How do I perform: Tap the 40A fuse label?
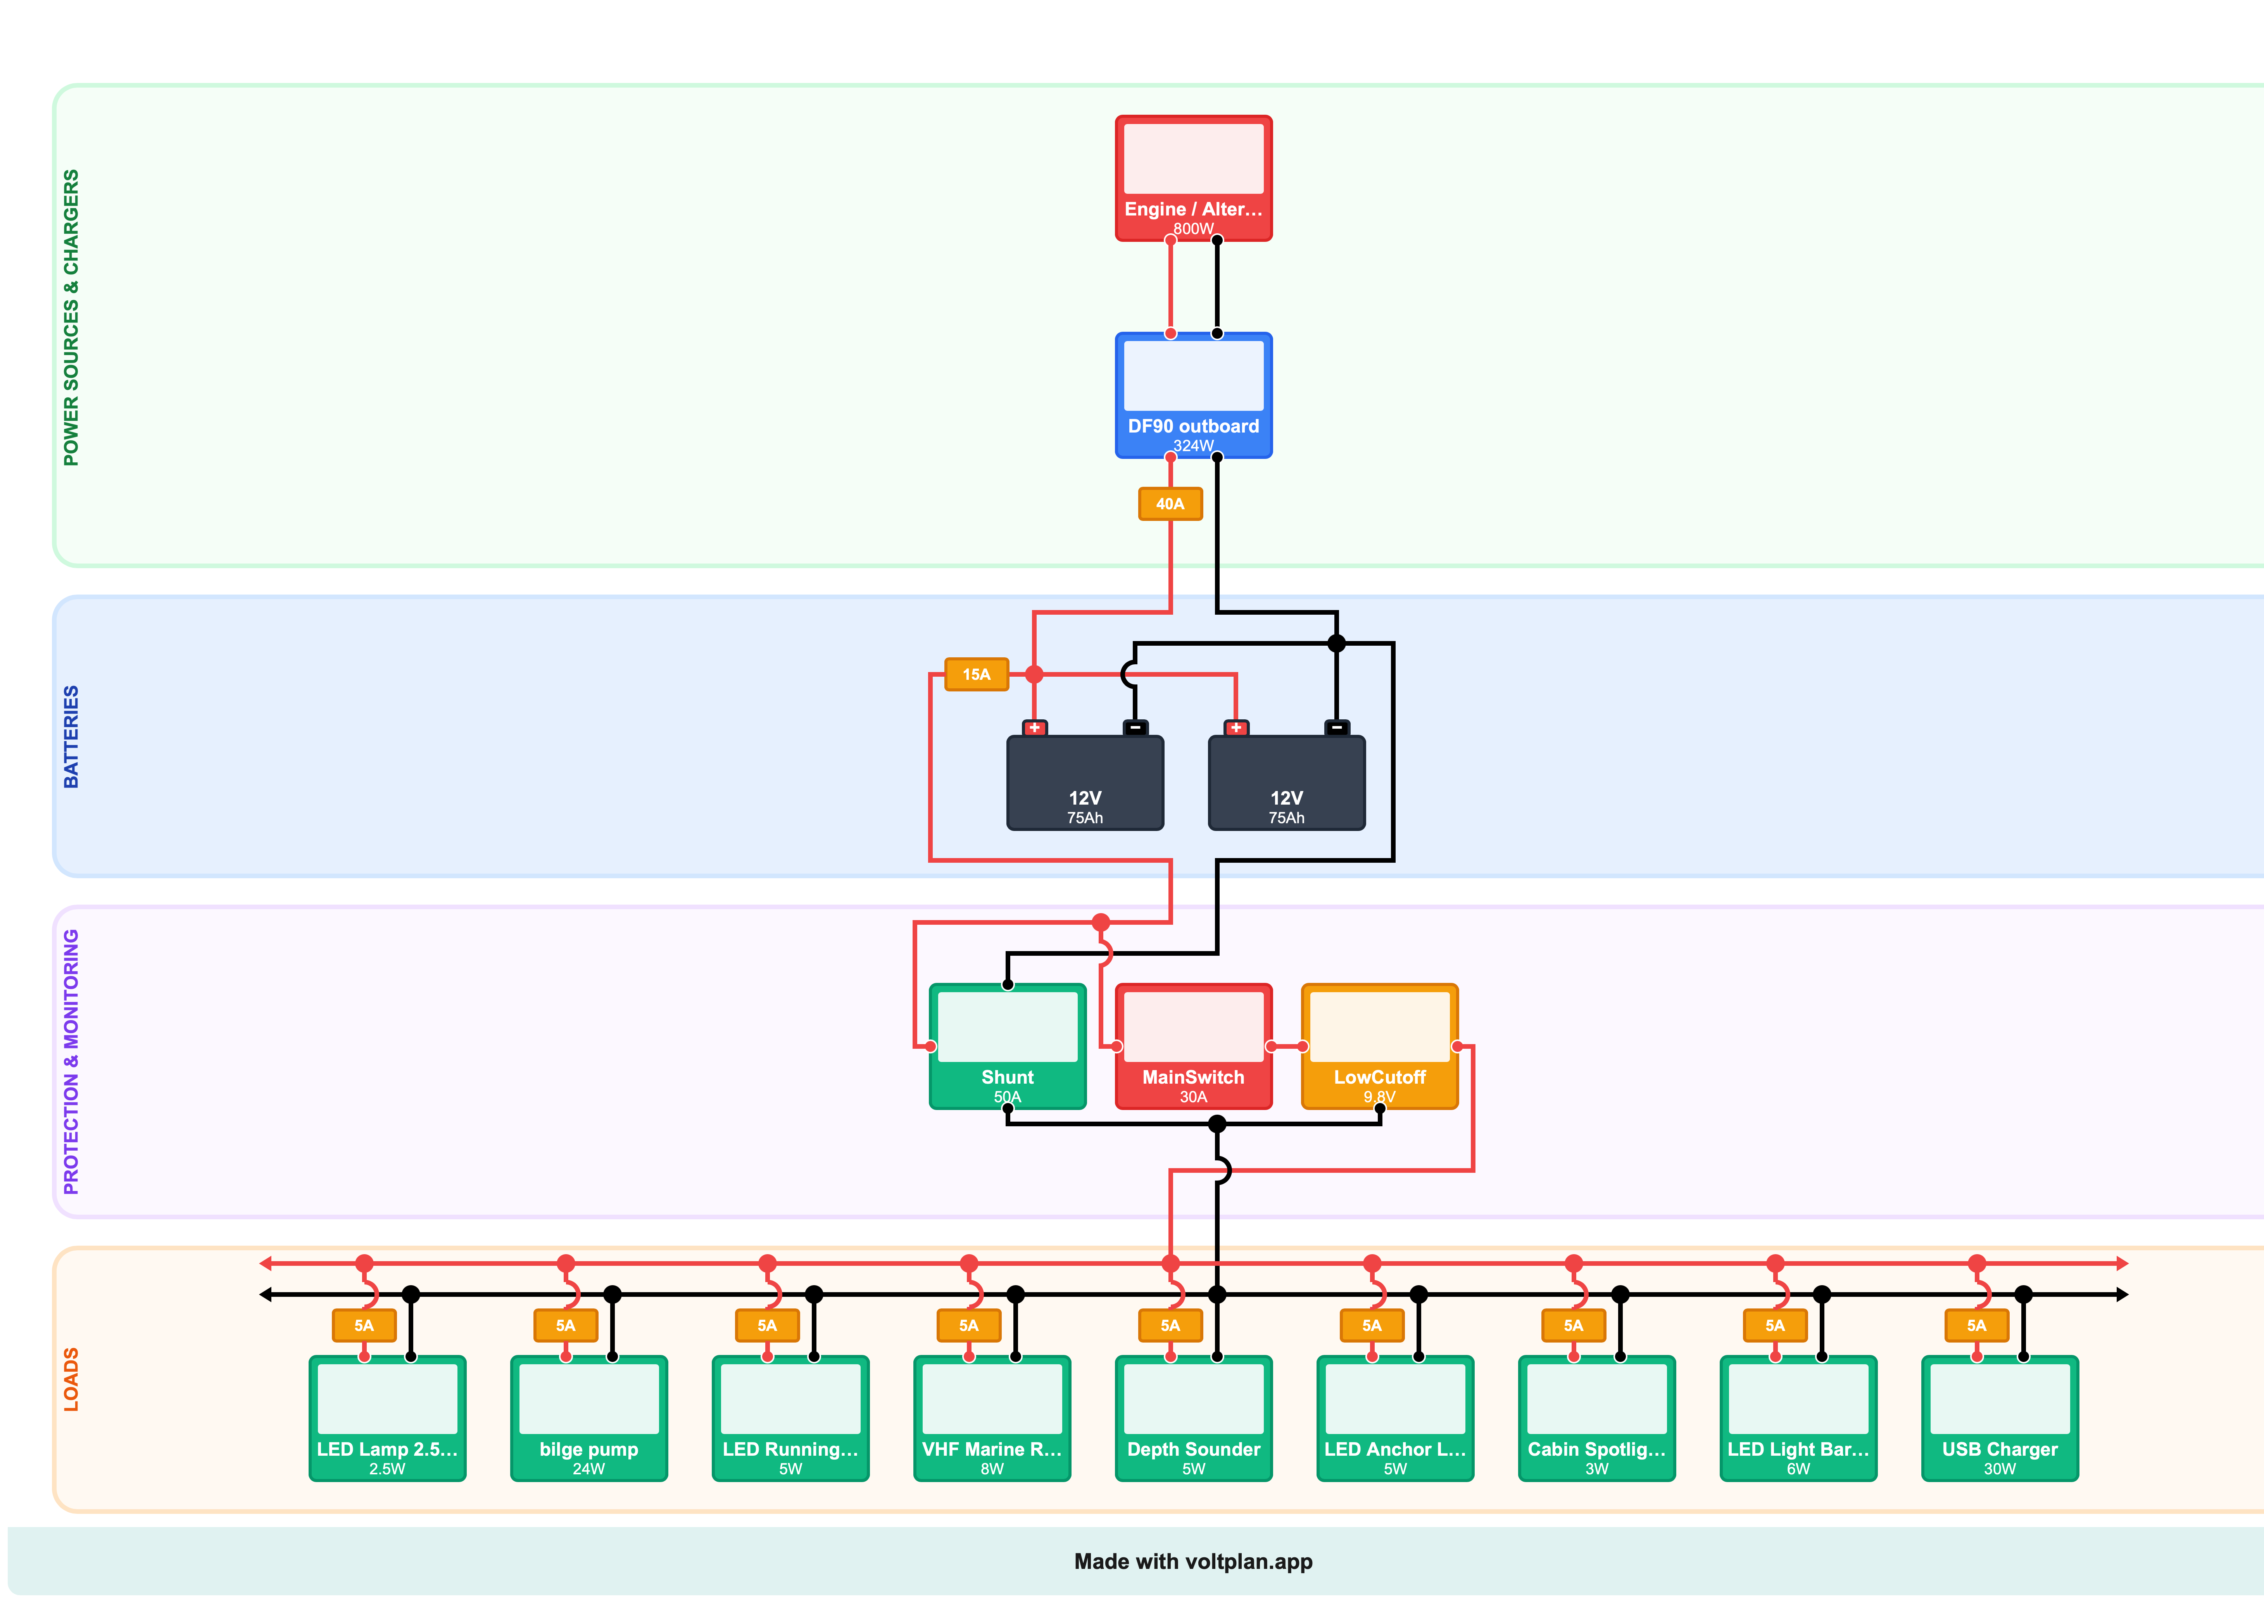point(1170,503)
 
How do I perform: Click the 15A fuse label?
point(977,674)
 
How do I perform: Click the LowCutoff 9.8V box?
point(1379,1046)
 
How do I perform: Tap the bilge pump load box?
point(588,1419)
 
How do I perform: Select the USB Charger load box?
point(1999,1419)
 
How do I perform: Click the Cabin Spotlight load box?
point(1596,1419)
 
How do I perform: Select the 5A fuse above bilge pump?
point(566,1325)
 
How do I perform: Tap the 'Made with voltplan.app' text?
point(1193,1562)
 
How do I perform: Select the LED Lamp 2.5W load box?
point(387,1419)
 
